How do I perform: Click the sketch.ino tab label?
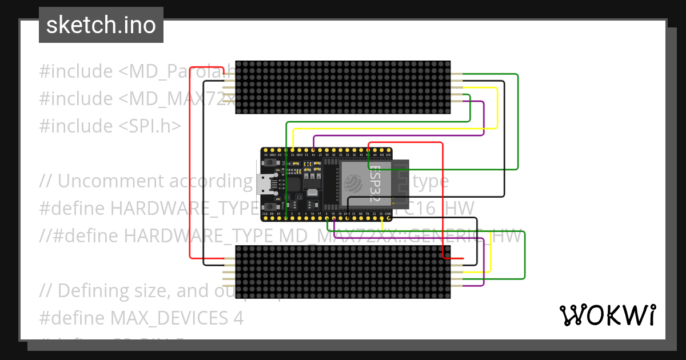101,25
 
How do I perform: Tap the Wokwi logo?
608,315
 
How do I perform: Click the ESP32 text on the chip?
376,184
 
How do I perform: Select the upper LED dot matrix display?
343,87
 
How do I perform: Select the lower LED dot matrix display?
343,272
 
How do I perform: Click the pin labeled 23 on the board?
382,218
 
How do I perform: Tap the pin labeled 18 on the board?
334,218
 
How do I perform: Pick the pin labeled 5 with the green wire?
327,218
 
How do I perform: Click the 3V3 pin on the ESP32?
389,151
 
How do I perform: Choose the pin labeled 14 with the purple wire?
313,151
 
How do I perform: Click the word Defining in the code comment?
94,291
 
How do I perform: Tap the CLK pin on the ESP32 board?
265,218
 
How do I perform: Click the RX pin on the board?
361,218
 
